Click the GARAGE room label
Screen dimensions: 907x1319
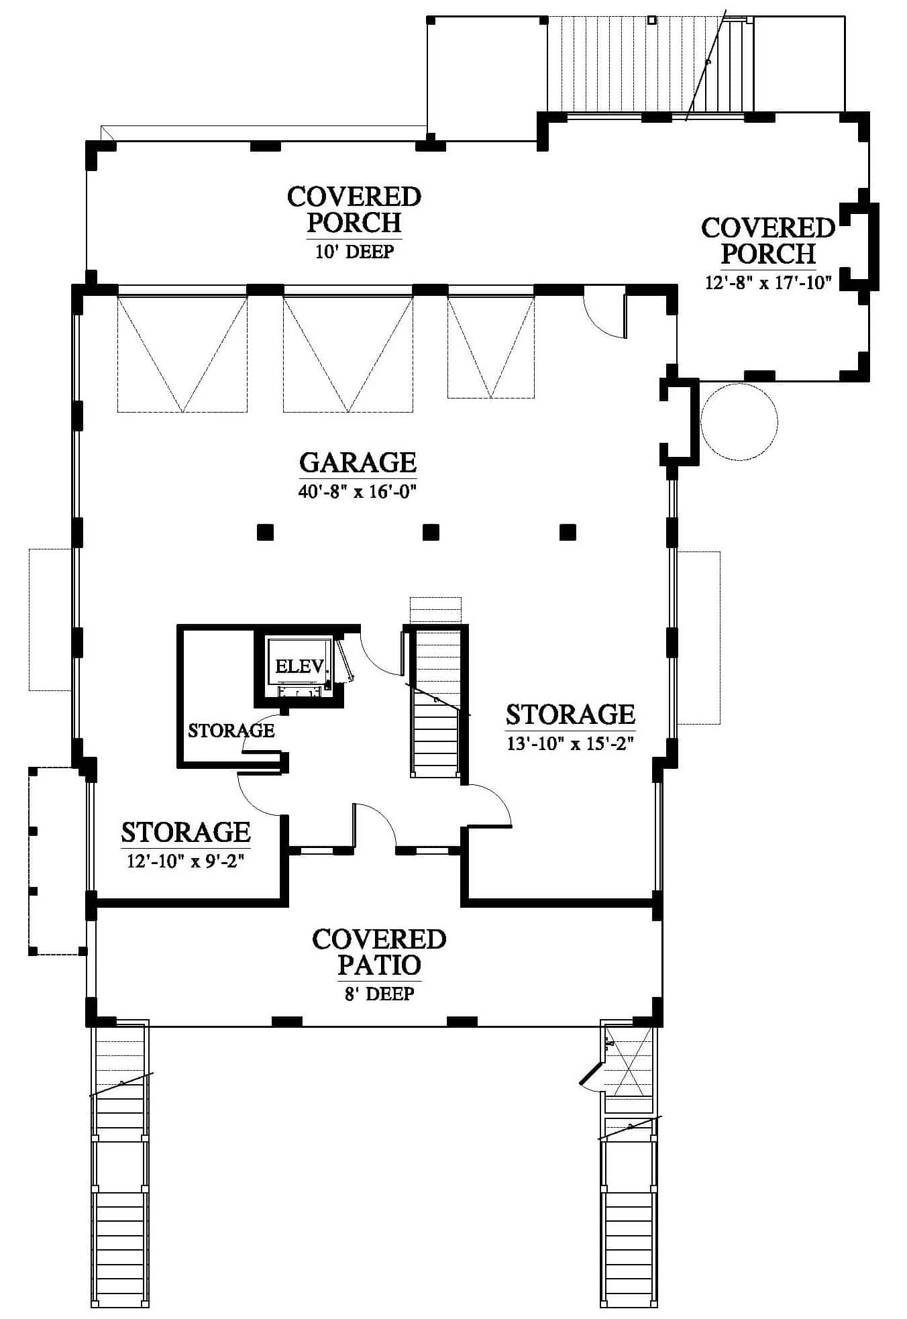[358, 462]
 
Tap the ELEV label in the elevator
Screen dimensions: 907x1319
[300, 666]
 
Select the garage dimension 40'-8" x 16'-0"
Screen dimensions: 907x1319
[358, 492]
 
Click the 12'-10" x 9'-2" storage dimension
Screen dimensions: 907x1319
[185, 861]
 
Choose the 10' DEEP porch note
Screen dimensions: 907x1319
[354, 252]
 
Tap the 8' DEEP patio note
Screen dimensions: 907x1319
[379, 994]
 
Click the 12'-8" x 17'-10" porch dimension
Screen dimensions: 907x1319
[768, 282]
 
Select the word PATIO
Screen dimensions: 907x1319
[379, 965]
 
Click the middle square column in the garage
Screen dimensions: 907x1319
[431, 532]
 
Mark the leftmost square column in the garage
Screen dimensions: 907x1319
[266, 532]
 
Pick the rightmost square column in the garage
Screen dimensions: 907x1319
[568, 532]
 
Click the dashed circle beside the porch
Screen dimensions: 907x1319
[739, 422]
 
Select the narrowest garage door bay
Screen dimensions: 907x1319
[491, 347]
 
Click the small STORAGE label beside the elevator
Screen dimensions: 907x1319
[231, 731]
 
